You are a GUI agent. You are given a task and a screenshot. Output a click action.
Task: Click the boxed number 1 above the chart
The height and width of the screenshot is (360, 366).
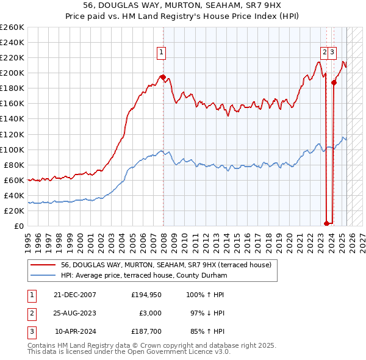(162, 53)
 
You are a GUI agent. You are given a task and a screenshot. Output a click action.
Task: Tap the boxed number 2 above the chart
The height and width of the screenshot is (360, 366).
(325, 53)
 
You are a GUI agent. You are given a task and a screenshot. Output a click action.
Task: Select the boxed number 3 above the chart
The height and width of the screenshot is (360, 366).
(332, 53)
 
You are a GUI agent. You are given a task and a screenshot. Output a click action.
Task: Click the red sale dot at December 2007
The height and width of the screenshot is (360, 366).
(163, 77)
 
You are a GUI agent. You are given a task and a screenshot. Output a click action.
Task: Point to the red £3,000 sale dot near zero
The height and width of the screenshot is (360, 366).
(327, 223)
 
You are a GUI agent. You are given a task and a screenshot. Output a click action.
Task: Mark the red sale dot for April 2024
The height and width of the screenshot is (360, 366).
(334, 82)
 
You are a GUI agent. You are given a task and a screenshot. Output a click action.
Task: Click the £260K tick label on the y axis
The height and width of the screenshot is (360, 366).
(12, 27)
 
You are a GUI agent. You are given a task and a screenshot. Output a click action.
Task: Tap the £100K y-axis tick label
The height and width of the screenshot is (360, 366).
(12, 149)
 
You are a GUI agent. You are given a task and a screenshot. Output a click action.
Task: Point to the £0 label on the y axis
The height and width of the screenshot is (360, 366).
(19, 226)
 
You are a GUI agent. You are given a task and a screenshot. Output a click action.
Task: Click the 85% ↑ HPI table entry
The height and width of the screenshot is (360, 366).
(209, 332)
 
